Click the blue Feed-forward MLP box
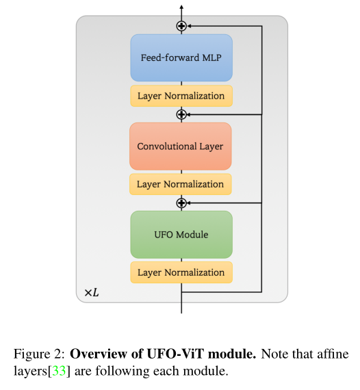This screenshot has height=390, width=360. point(181,57)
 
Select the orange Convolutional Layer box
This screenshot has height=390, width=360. point(181,146)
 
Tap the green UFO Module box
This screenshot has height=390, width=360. point(181,235)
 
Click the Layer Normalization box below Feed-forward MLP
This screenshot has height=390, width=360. point(181,96)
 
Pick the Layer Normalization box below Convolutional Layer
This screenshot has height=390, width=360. point(181,184)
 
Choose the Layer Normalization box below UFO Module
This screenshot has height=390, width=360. point(181,272)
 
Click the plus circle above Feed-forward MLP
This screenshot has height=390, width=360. point(181,26)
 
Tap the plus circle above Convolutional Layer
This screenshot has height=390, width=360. point(181,114)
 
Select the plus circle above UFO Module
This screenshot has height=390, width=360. point(181,203)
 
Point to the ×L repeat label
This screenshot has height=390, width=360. point(92,292)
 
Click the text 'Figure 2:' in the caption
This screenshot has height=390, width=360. point(39,354)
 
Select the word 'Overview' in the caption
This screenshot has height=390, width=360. point(98,354)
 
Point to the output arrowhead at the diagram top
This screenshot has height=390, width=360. point(181,7)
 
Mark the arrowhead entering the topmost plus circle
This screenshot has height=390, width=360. point(190,26)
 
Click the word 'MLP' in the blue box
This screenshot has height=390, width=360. point(210,57)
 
